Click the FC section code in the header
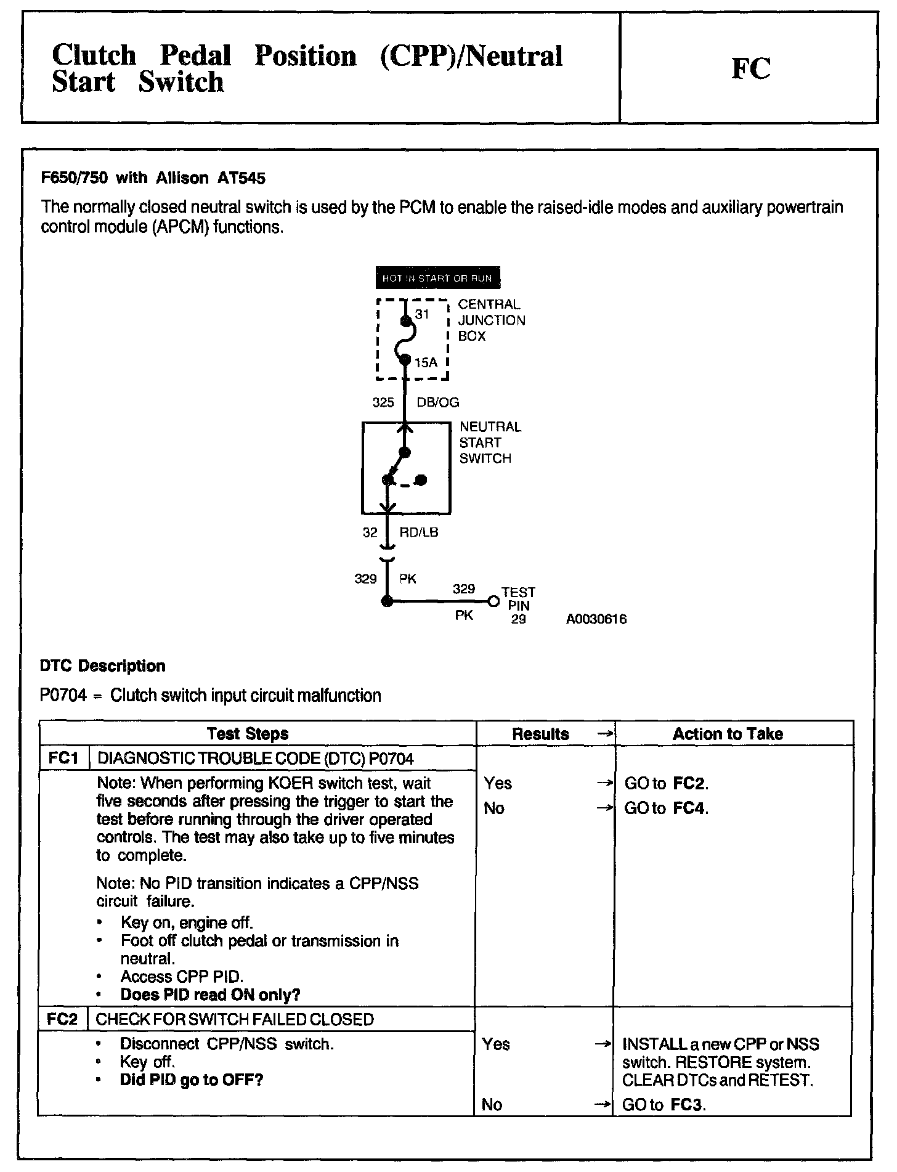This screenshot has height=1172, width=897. [x=750, y=68]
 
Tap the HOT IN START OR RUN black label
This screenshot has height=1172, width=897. [x=437, y=279]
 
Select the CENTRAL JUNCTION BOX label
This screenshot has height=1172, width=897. [x=491, y=320]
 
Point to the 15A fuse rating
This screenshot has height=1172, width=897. [x=426, y=363]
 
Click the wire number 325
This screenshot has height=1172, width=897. [x=383, y=402]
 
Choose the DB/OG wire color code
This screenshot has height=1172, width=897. [x=438, y=402]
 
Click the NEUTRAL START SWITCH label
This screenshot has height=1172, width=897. [x=490, y=442]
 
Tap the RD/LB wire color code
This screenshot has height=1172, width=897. [x=419, y=532]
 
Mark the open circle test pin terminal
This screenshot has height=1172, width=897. [x=492, y=601]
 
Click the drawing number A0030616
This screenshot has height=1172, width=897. [x=596, y=619]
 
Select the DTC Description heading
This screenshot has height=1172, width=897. [x=103, y=666]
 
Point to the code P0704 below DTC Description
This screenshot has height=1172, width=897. [x=62, y=696]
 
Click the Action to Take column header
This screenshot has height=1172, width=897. [x=728, y=734]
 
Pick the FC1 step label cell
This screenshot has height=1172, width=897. [x=63, y=759]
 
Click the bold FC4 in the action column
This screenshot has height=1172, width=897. [x=689, y=808]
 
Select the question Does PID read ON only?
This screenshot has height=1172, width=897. [x=210, y=995]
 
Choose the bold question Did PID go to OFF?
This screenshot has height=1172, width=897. [x=191, y=1080]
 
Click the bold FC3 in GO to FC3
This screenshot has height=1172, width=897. [x=686, y=1105]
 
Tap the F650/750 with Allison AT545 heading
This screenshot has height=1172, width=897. [x=153, y=179]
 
